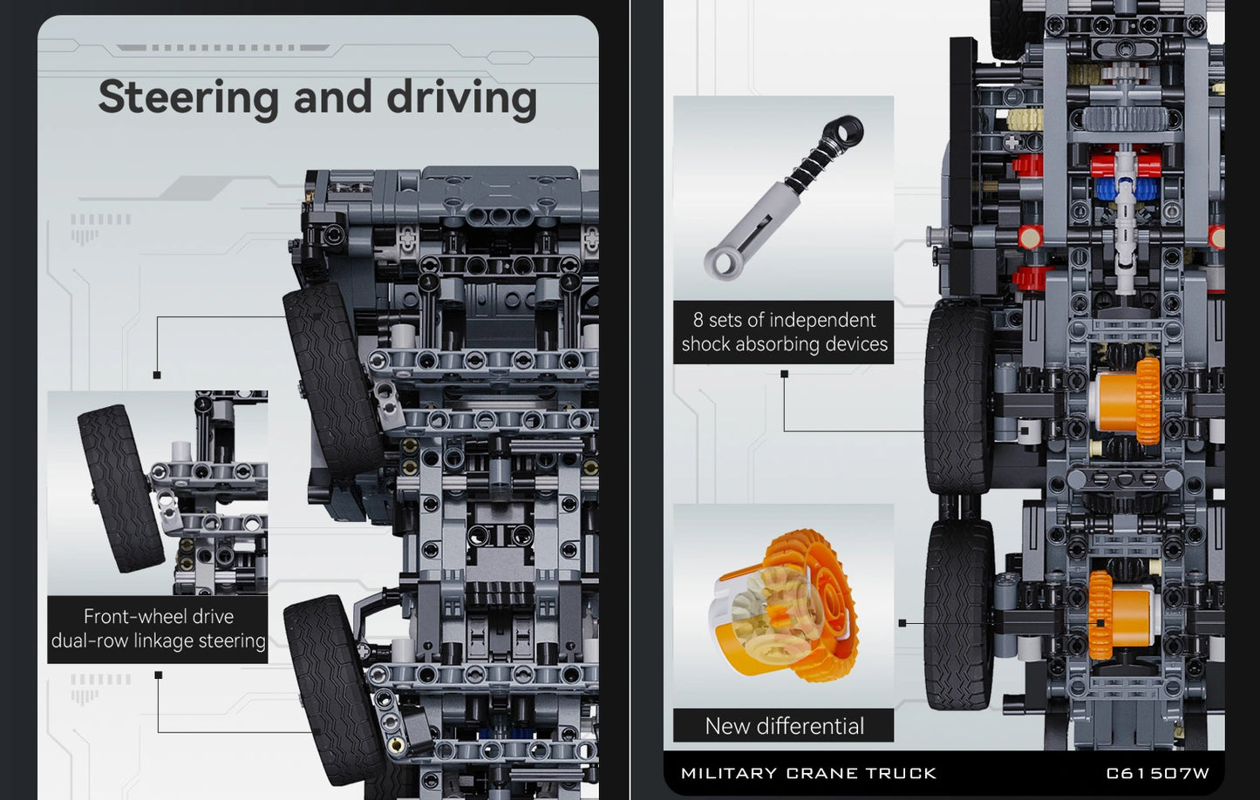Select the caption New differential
(x=784, y=726)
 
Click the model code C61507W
(x=1158, y=774)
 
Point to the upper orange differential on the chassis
(x=1126, y=402)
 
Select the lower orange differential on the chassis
(x=1120, y=615)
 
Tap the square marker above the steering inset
(x=157, y=375)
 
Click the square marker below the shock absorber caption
(x=785, y=374)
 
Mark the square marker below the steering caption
(x=158, y=675)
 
